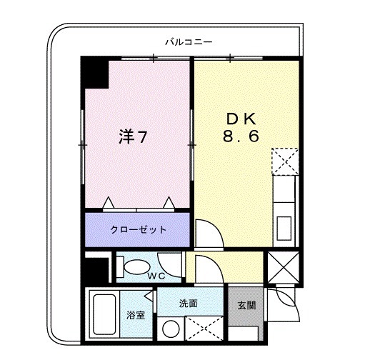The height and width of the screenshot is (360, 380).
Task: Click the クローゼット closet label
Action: click(139, 230)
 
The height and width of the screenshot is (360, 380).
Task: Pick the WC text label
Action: click(157, 274)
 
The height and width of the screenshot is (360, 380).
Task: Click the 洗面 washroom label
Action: click(189, 304)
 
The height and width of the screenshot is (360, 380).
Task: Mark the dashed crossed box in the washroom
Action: click(204, 329)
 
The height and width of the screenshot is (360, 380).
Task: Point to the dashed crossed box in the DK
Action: click(286, 161)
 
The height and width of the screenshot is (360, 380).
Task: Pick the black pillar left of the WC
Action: click(91, 270)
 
